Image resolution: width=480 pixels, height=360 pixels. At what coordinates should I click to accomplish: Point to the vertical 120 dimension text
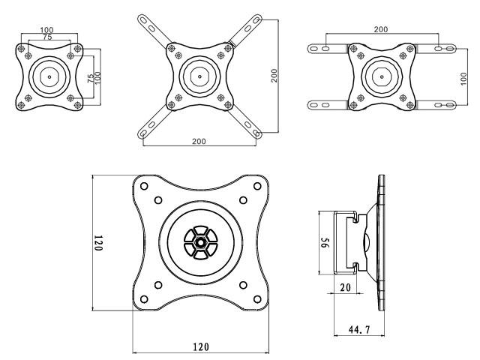coord(97,242)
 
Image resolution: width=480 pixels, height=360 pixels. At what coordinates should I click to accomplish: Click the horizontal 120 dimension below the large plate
coord(200,346)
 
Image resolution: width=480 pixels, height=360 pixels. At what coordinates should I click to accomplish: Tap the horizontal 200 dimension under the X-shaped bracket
coord(199,141)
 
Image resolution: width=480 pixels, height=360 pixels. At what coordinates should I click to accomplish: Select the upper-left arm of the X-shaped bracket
coord(154,32)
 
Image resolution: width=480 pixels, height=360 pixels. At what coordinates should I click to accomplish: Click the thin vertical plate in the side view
coord(382,242)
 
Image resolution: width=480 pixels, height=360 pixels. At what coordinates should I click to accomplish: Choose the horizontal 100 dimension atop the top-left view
coord(46,29)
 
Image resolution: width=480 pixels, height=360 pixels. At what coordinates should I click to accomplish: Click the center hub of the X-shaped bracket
coord(199,76)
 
